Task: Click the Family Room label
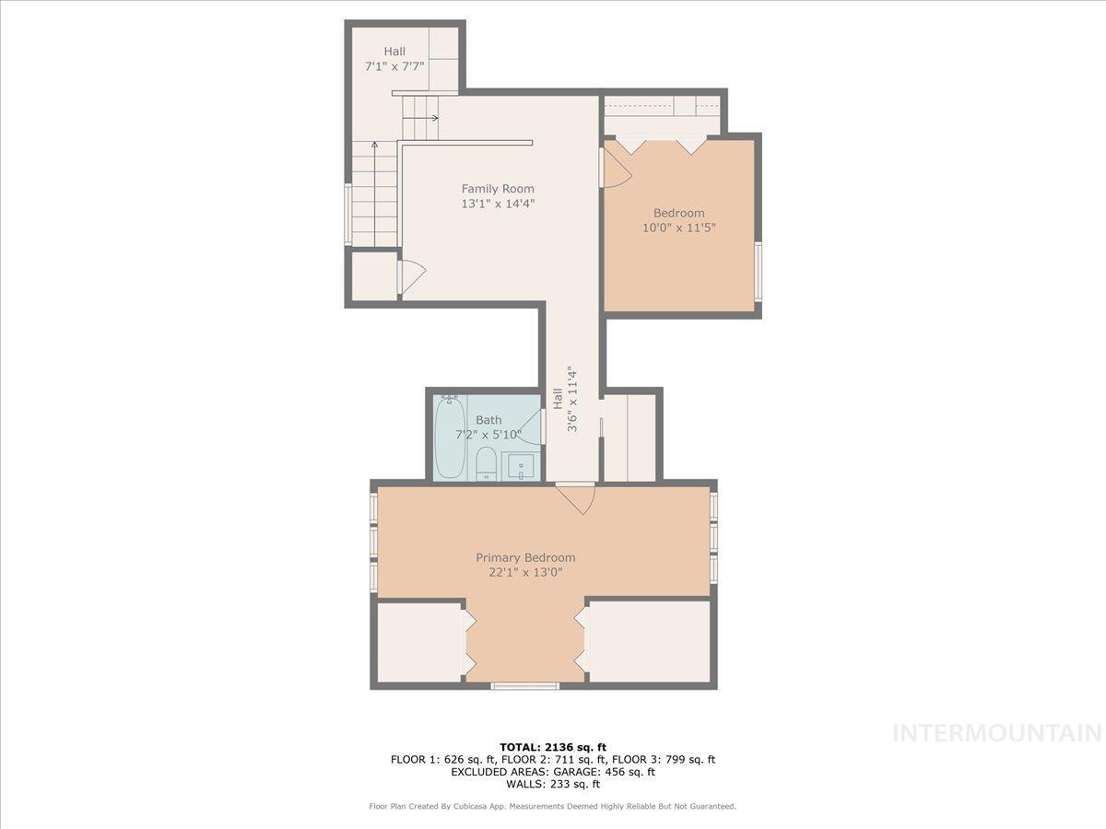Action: click(498, 189)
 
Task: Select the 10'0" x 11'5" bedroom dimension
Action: click(679, 228)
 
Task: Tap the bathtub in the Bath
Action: click(449, 438)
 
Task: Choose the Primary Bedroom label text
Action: click(525, 557)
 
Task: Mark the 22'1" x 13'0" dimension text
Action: click(525, 572)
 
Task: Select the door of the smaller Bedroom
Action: click(615, 168)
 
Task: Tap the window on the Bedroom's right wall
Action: click(758, 271)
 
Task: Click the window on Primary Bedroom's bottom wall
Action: click(524, 685)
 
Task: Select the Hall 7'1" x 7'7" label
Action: click(394, 59)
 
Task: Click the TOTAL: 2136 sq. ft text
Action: click(552, 747)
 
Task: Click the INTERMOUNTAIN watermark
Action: click(998, 733)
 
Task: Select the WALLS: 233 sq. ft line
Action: click(552, 785)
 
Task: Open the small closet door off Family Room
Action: click(411, 276)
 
